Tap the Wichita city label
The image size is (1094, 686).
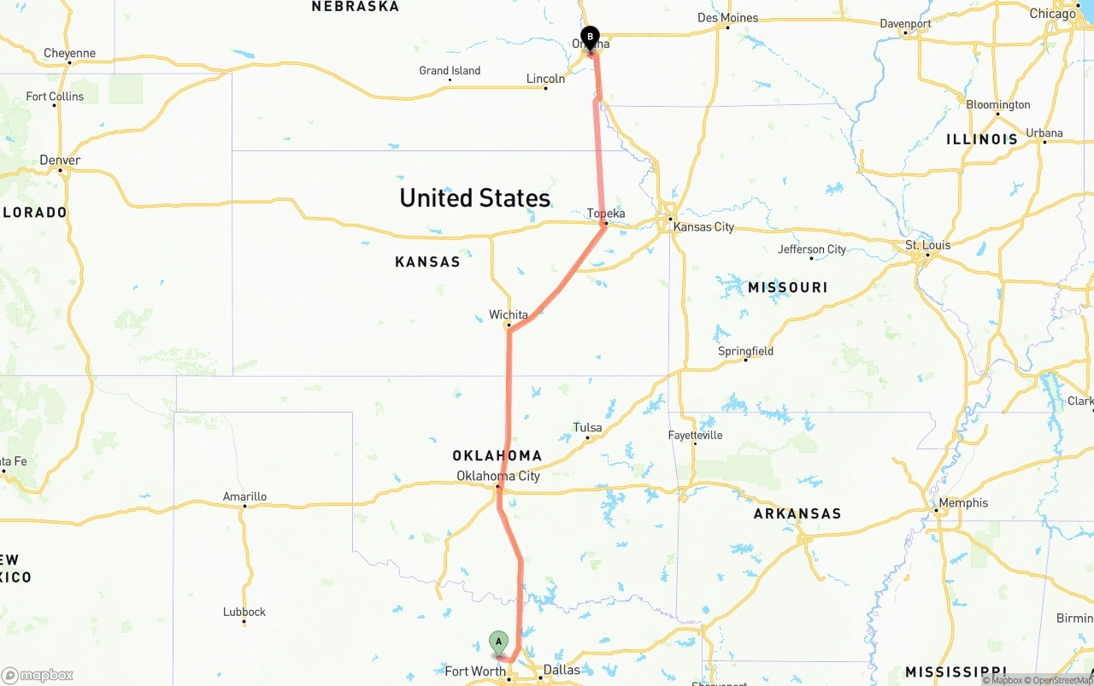509,315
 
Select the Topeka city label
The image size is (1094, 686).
606,214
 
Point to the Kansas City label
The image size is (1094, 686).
703,227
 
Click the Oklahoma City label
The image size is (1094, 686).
498,476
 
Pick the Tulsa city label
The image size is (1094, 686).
587,427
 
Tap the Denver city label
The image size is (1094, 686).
60,161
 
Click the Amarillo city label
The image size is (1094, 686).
244,496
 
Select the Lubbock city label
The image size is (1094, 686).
244,612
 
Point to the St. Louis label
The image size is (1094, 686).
927,245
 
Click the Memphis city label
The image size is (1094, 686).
963,502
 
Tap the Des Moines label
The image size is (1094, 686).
727,18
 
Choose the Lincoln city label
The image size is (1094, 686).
545,79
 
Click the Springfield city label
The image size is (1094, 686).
745,351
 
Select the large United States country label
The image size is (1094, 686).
474,198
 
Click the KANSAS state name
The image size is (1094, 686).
427,261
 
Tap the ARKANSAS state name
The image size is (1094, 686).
797,513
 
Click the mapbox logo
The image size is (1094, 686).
38,675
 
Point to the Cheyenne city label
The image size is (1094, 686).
69,53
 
